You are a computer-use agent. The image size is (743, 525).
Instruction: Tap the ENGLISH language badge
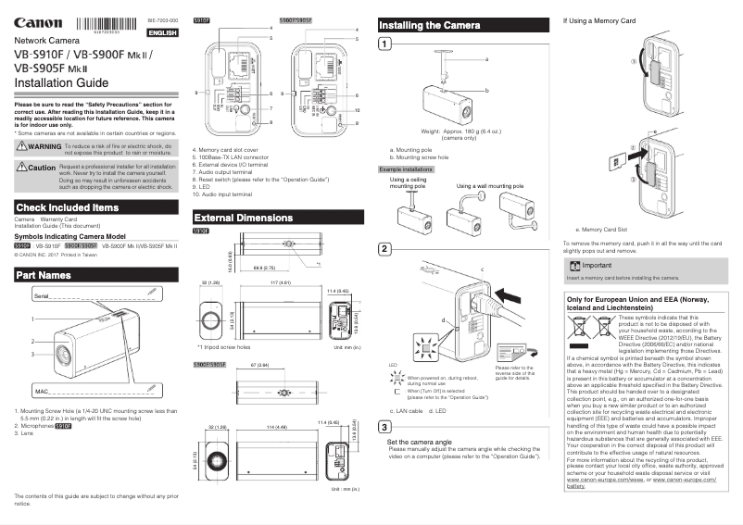pyautogui.click(x=162, y=32)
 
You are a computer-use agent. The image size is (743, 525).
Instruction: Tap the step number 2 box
pyautogui.click(x=385, y=250)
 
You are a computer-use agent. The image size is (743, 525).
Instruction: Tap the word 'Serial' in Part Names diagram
pyautogui.click(x=42, y=294)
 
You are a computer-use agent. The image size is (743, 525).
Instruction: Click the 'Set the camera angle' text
pyautogui.click(x=422, y=443)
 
